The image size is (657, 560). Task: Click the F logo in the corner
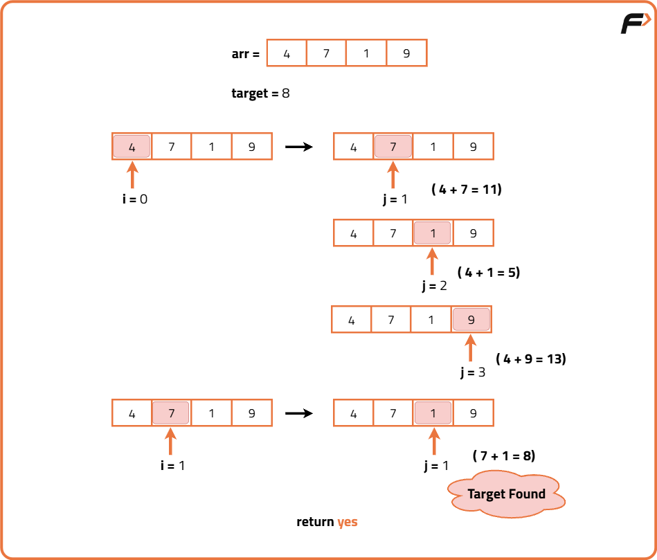pyautogui.click(x=634, y=24)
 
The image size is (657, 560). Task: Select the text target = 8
pyautogui.click(x=260, y=93)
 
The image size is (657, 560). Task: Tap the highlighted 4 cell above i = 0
pyautogui.click(x=132, y=147)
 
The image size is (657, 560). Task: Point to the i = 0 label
pyautogui.click(x=135, y=199)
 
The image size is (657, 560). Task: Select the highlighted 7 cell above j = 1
pyautogui.click(x=393, y=147)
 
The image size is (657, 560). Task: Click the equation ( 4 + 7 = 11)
pyautogui.click(x=466, y=189)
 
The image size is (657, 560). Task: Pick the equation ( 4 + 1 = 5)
pyautogui.click(x=489, y=272)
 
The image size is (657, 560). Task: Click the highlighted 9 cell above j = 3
pyautogui.click(x=471, y=320)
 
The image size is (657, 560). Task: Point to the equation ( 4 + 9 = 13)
pyautogui.click(x=531, y=359)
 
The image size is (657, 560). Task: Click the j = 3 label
pyautogui.click(x=473, y=372)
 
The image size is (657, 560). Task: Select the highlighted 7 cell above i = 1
pyautogui.click(x=172, y=413)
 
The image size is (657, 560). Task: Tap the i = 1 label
pyautogui.click(x=172, y=465)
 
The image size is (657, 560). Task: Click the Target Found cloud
pyautogui.click(x=506, y=494)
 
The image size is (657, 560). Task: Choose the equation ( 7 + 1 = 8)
pyautogui.click(x=504, y=455)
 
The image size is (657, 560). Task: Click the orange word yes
pyautogui.click(x=348, y=522)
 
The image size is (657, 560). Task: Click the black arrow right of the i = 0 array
pyautogui.click(x=299, y=147)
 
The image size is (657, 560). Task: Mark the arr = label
pyautogui.click(x=245, y=53)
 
